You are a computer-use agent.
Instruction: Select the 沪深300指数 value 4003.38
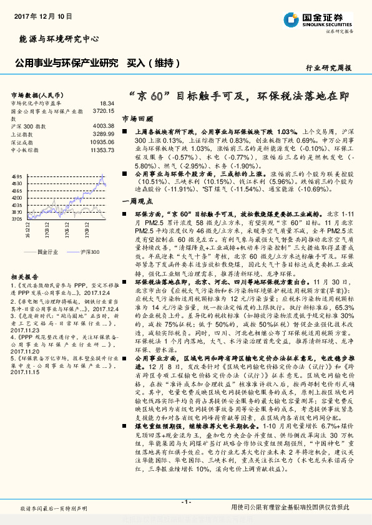pos(103,126)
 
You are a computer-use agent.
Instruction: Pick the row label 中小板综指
pos(26,150)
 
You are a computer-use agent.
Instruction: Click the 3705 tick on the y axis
pos(17,219)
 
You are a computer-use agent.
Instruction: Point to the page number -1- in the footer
pos(185,502)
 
